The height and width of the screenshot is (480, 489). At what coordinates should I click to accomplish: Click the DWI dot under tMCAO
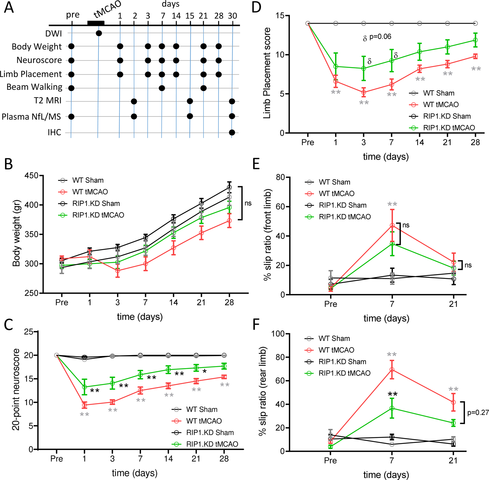99,33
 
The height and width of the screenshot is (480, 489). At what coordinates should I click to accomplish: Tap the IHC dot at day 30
232,132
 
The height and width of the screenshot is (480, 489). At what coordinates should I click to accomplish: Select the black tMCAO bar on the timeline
96,23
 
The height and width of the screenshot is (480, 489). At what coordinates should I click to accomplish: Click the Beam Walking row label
34,87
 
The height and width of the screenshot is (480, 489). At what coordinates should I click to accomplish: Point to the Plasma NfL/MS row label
31,117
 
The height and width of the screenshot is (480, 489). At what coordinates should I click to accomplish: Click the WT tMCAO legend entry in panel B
90,192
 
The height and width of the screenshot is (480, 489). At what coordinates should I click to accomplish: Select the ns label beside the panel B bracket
248,203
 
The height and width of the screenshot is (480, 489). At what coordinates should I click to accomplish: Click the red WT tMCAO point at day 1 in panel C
84,405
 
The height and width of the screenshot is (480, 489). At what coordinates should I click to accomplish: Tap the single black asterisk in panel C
205,371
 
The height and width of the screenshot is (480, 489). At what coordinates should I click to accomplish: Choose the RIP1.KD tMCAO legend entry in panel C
212,444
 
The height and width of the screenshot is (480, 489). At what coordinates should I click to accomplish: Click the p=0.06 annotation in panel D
380,37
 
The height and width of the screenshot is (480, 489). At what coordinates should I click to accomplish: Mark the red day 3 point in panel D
364,92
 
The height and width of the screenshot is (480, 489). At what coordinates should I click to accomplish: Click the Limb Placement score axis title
267,73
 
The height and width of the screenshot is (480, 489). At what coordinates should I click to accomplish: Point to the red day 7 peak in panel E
392,225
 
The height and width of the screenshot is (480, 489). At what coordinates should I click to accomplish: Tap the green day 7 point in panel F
392,408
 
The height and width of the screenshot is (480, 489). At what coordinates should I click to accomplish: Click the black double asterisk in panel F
392,394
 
